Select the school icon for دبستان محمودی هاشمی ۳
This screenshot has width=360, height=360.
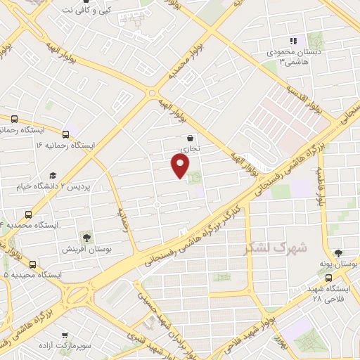click(293, 41)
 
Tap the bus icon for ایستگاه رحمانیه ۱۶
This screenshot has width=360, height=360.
click(65, 134)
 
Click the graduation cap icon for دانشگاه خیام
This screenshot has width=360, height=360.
click(52, 175)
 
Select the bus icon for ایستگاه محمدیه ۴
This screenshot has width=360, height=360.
click(29, 214)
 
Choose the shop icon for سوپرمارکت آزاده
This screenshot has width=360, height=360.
click(65, 336)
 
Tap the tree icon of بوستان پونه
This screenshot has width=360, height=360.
click(339, 254)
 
